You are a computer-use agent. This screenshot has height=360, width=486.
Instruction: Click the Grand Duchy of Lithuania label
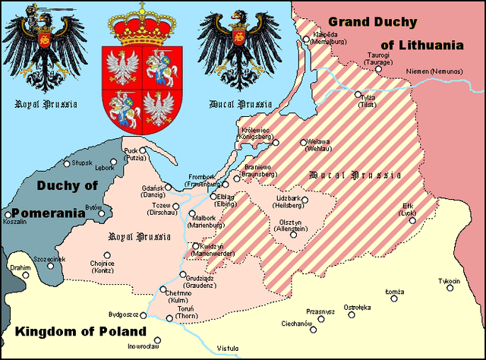395,33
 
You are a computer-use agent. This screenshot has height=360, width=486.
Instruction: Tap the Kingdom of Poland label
79,332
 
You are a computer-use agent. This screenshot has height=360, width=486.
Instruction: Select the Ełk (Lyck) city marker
412,221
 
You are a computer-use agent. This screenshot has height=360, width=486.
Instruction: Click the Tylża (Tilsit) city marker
358,95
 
